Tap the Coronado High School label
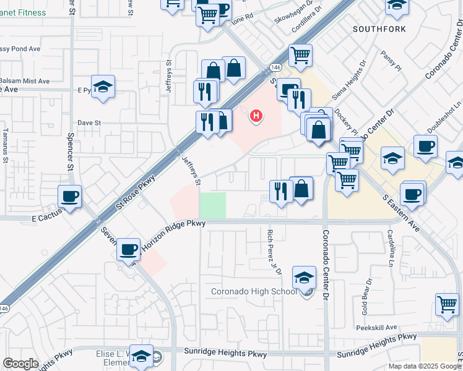(254, 292)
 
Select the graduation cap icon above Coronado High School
(304, 278)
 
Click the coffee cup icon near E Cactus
(69, 197)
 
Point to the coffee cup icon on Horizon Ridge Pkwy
(129, 250)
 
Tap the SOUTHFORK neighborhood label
(379, 29)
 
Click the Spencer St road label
(71, 151)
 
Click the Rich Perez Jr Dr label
(272, 252)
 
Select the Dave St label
(89, 123)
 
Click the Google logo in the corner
(21, 364)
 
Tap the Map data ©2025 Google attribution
(424, 366)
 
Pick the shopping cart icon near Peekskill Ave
(447, 304)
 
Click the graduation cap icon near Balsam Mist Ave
(103, 87)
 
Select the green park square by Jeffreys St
(212, 205)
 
